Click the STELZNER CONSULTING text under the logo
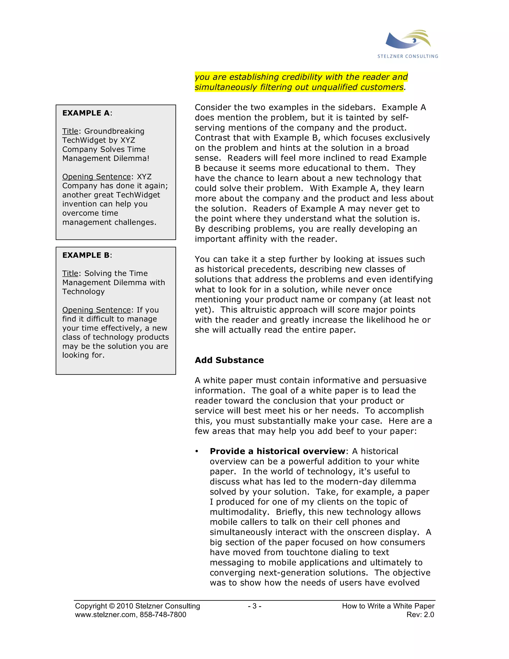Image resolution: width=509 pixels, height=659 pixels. point(408,56)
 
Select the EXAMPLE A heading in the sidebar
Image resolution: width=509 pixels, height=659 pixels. point(86,113)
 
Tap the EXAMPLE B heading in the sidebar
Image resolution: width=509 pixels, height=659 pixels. point(86,255)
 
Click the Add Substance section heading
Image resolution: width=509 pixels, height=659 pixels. point(229,360)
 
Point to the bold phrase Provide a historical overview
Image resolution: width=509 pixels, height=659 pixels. point(277,451)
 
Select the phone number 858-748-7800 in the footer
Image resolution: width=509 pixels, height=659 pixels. point(163,615)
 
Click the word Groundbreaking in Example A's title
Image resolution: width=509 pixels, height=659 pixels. point(114,131)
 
